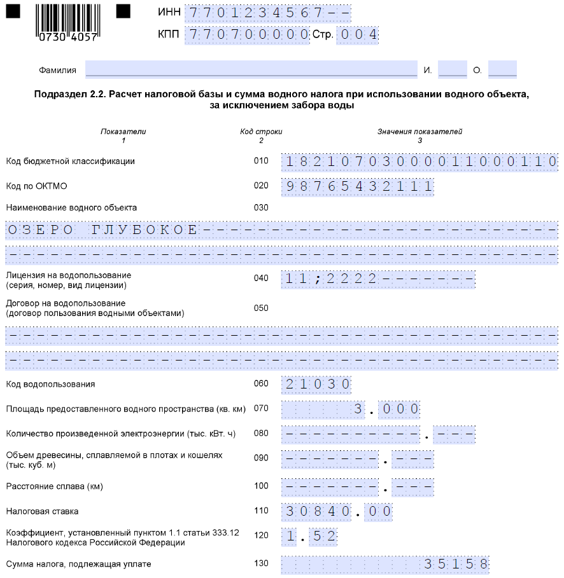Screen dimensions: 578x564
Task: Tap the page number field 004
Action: [x=358, y=35]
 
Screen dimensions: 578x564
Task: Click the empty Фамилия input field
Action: [x=251, y=69]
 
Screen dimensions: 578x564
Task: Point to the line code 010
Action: [x=261, y=162]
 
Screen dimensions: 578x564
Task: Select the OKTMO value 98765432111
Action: [x=358, y=186]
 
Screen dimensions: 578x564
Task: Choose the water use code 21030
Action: [x=316, y=385]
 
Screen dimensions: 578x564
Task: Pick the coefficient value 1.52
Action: [x=309, y=536]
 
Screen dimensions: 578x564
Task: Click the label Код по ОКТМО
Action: [x=36, y=186]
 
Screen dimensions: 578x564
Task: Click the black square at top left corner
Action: [x=13, y=10]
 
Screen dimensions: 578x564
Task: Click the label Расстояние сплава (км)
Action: [x=54, y=487]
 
